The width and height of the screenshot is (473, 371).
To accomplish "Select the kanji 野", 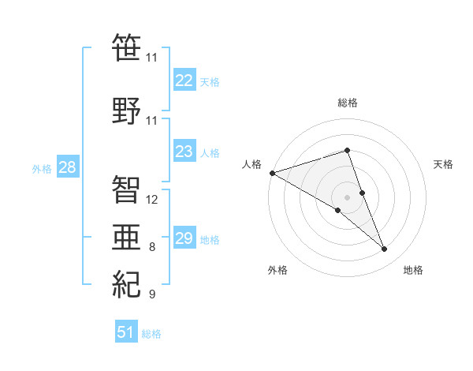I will coord(126,110).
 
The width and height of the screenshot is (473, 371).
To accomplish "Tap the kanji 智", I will coord(126,188).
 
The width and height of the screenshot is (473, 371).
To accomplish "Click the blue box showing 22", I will coord(184,81).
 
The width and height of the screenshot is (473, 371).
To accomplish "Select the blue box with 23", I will coord(184,152).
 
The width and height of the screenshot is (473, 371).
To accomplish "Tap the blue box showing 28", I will coord(67,167).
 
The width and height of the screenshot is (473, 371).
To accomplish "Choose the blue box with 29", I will coord(184,238).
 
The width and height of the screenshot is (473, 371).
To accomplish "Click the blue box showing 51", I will coord(125,332).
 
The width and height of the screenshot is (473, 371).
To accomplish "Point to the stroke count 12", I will coord(152,199).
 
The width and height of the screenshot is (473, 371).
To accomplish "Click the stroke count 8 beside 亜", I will coord(152,247).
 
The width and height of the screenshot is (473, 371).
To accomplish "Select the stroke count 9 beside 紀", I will coord(152,294).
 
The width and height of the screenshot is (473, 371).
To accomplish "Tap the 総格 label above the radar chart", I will coord(348,103).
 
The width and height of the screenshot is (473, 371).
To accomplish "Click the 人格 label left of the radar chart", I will coord(252,164).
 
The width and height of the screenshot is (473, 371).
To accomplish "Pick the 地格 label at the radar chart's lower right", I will coord(413,271).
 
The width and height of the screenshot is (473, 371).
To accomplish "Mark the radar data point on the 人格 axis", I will coord(272,173).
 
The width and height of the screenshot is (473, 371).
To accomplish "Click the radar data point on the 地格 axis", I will coord(384,249).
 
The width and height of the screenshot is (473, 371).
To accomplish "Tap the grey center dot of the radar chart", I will coord(347,197).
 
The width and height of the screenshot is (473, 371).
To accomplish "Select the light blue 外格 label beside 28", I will coord(41,168).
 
